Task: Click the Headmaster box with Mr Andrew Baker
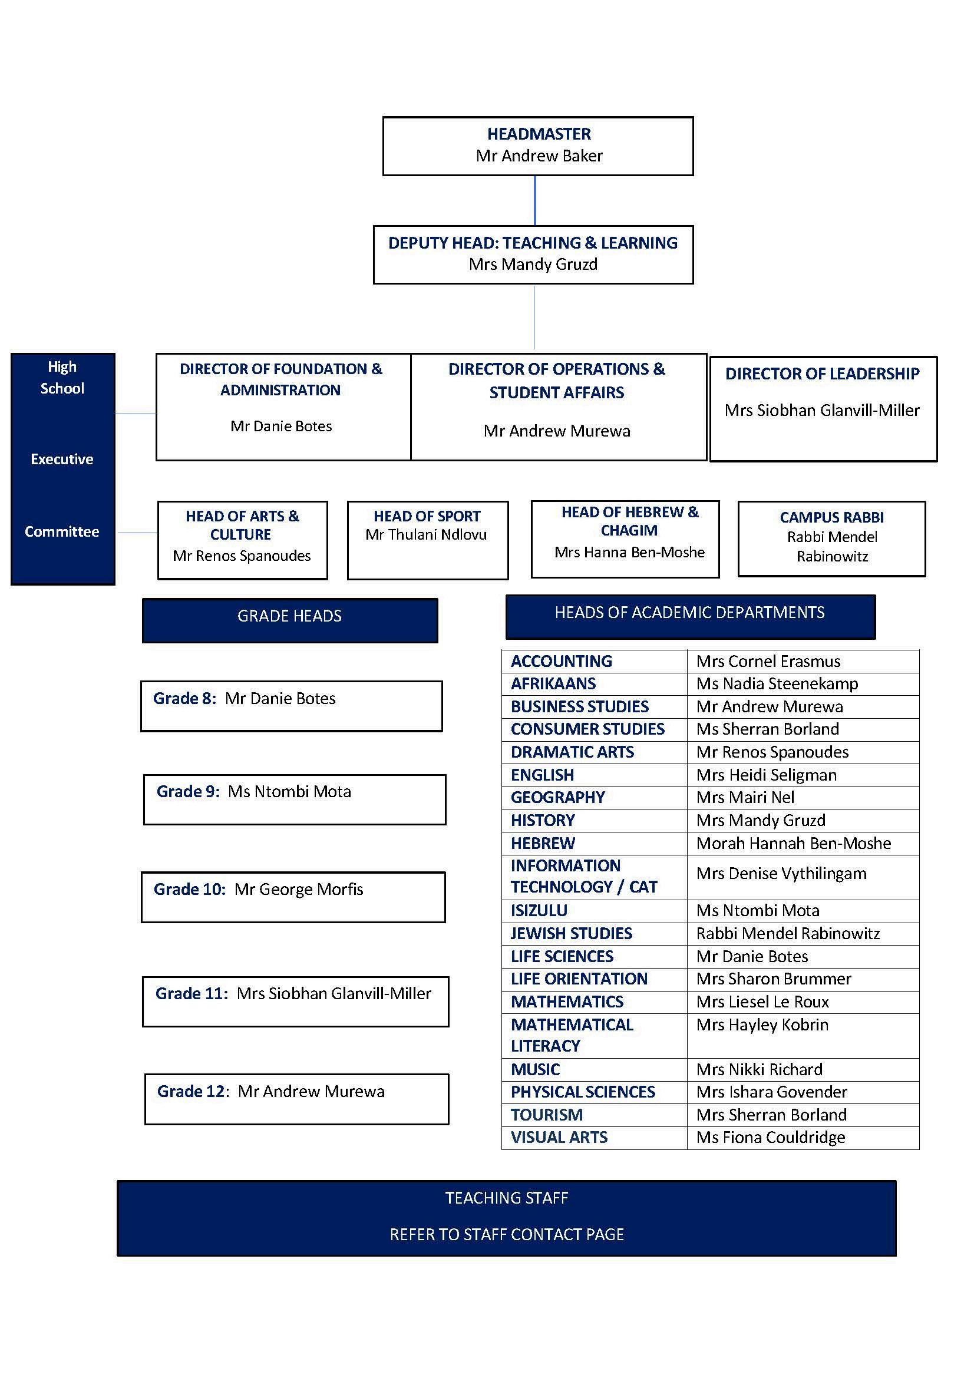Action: tap(538, 146)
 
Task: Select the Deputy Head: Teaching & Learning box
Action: tap(533, 255)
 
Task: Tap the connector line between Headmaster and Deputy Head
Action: tap(534, 200)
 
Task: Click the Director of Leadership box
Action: tap(823, 409)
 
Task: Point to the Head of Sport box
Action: tap(427, 540)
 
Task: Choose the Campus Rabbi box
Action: tap(831, 538)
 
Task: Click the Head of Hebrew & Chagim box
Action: tap(625, 538)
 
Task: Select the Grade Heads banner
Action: tap(290, 619)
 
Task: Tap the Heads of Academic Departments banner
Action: tap(690, 616)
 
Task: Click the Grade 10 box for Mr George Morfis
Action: tap(293, 897)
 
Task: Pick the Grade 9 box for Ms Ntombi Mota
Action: tap(295, 799)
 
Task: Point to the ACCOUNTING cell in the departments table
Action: tap(561, 661)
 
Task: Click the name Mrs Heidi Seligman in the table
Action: tap(767, 775)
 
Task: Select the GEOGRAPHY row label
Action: tap(557, 797)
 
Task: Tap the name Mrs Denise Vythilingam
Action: tap(781, 873)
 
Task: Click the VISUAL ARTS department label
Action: tap(559, 1137)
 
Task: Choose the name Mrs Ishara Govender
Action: tap(772, 1092)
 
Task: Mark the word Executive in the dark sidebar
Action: tap(62, 459)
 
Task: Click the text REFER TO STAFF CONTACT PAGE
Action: tap(507, 1235)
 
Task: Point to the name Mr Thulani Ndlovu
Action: tap(426, 534)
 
